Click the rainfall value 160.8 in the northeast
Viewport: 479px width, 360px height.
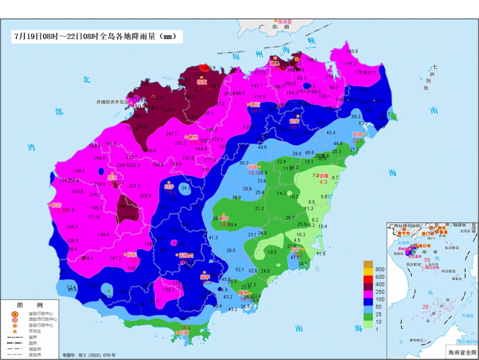click(x=352, y=51)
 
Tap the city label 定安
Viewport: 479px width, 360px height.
click(x=294, y=121)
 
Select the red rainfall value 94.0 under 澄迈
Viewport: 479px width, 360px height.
click(x=256, y=111)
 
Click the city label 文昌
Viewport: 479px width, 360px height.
click(x=357, y=134)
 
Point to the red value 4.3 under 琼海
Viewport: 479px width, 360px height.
click(x=323, y=182)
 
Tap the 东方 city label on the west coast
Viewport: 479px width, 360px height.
click(x=57, y=205)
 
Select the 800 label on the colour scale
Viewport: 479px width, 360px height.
click(x=380, y=269)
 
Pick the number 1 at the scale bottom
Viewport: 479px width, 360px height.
click(x=377, y=329)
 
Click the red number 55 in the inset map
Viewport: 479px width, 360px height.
click(x=428, y=260)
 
